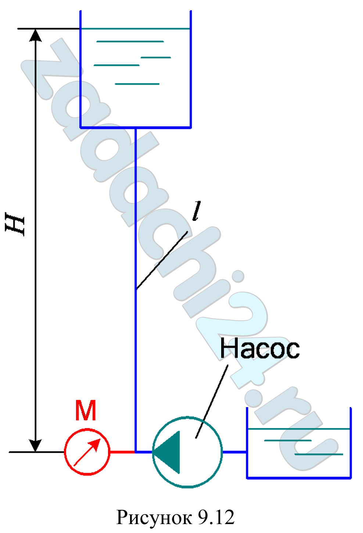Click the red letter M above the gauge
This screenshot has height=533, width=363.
click(86, 410)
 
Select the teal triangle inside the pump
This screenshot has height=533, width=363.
click(167, 452)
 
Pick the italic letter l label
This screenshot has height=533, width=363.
click(197, 211)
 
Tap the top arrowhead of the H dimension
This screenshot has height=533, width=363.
click(35, 35)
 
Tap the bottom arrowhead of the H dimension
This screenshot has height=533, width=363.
click(35, 445)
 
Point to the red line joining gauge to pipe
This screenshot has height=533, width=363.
click(122, 452)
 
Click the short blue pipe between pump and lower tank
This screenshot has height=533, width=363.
click(234, 452)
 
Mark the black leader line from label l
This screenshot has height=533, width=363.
click(162, 260)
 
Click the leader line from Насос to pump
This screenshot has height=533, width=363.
click(212, 402)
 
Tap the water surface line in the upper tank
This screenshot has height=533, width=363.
click(136, 29)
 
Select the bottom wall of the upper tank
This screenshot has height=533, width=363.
click(136, 128)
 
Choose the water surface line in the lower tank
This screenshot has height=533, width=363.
click(299, 429)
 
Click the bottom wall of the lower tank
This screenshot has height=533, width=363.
click(299, 477)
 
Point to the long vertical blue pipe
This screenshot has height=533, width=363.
click(136, 290)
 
